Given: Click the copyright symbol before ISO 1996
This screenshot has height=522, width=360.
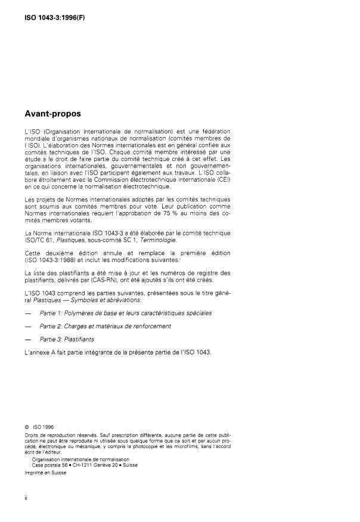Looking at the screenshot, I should point(26,427).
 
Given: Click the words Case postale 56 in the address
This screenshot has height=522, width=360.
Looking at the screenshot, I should point(52,465).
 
